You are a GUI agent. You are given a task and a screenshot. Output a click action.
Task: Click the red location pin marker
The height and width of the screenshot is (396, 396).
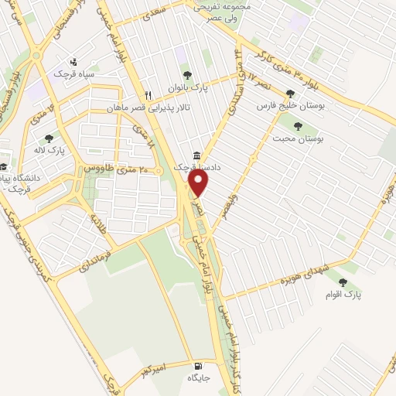[200, 183]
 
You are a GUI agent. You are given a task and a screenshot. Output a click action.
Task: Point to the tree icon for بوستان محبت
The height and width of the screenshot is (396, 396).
[298, 126]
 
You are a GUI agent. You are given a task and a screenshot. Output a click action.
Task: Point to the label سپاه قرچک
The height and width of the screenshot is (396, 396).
[73, 74]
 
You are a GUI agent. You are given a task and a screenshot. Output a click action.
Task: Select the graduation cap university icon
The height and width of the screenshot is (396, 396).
[4, 166]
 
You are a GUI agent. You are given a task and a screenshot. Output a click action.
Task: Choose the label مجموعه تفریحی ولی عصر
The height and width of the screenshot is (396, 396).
[219, 11]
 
